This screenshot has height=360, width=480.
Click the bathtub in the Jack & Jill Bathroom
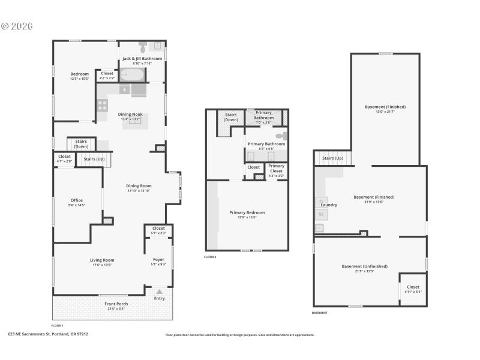coord(132,75)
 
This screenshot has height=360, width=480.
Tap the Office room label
coord(76,200)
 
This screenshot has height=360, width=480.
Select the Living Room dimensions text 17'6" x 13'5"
coord(102,265)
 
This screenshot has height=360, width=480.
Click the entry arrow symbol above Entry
coord(159,292)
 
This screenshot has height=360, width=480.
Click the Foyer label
coord(158,260)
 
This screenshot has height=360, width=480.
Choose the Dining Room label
coord(139,186)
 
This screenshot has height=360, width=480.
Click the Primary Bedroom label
coord(247,212)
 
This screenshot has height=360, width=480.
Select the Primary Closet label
coord(276,166)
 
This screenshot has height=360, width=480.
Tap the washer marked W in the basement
coord(321,214)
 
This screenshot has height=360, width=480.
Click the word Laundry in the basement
coord(328,205)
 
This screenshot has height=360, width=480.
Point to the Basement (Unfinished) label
coord(364,266)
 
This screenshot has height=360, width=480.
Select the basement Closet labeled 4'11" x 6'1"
coord(413,287)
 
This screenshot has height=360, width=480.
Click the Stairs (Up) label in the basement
coord(332,158)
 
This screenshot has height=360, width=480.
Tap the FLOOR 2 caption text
coord(210,257)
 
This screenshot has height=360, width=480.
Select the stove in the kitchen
coord(102,106)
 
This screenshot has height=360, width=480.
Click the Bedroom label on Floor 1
coord(79,74)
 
